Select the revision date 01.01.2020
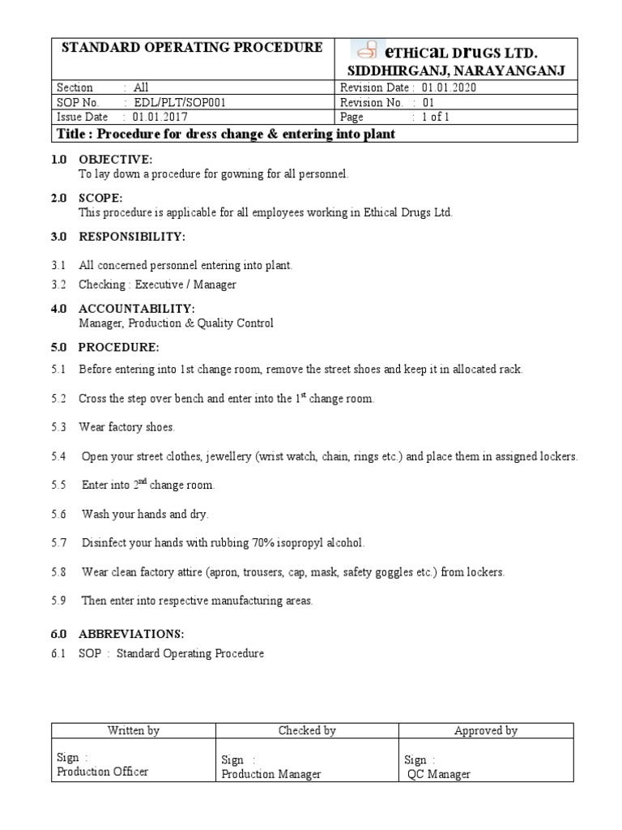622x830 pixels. pos(449,88)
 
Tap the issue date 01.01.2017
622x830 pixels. pos(154,117)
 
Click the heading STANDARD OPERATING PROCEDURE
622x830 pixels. pos(192,48)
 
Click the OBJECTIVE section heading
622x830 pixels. pos(115,160)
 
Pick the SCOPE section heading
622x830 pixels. pos(100,198)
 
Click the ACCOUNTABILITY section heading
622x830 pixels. pos(136,309)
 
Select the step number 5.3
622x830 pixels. pos(58,426)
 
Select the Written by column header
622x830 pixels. pos(134,730)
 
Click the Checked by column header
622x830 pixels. pos(307,730)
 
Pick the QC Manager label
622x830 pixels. pos(439,774)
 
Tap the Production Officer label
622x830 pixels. pos(103,772)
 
